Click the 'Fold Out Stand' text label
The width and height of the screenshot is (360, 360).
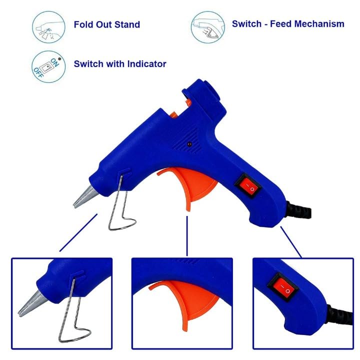pos(107,24)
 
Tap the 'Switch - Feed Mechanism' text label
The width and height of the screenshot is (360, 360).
pos(288,24)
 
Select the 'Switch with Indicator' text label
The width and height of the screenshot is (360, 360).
pos(120,64)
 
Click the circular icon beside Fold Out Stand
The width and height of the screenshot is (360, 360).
pos(48,27)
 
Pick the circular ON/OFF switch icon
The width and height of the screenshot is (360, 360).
pos(48,67)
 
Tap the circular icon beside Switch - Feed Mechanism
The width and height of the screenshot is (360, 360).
pos(208,27)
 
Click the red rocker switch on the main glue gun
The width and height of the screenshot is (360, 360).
pos(248,185)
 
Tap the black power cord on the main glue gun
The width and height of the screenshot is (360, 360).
pos(299,210)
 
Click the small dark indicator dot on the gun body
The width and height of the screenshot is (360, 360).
pos(189,144)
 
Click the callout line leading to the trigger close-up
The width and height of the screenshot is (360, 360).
pos(187,236)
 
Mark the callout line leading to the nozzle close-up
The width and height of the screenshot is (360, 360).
pos(78,232)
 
